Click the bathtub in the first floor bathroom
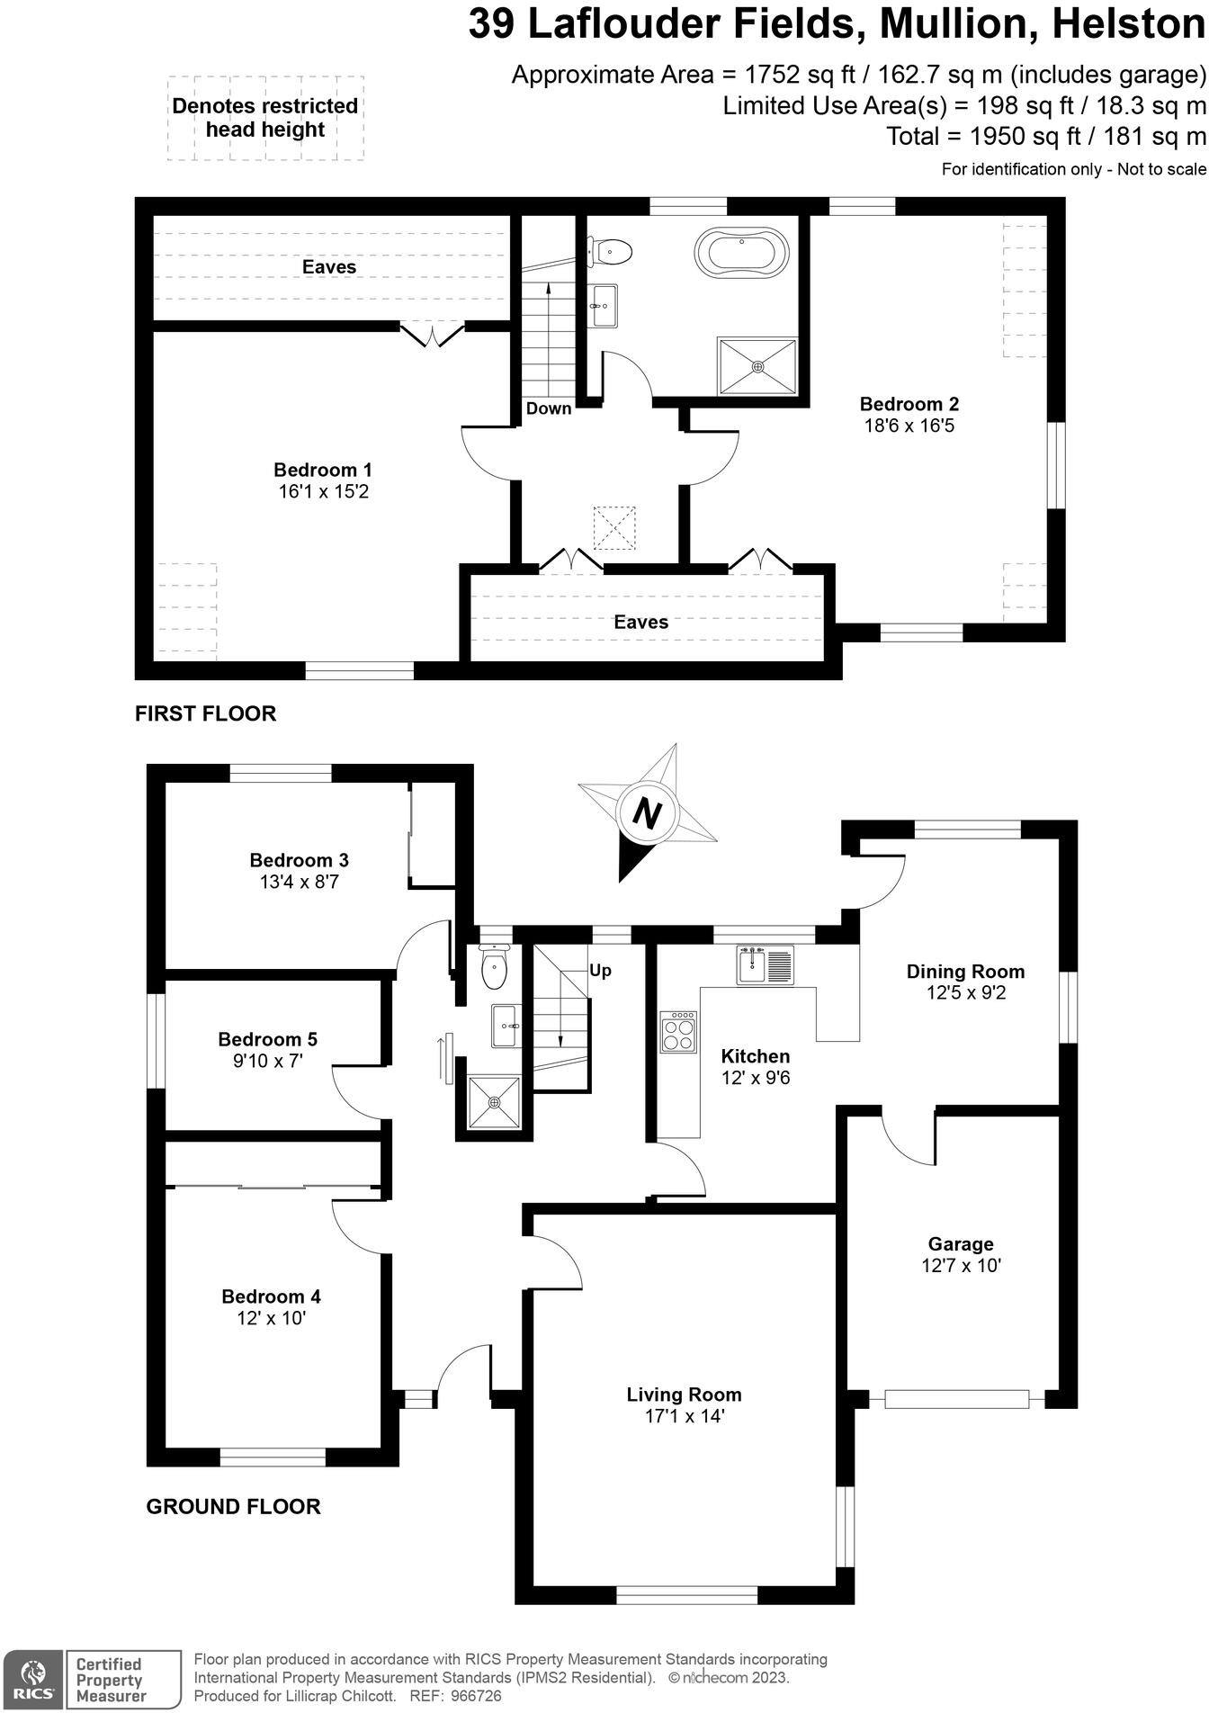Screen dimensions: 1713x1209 741,251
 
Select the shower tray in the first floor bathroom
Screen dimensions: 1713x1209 757,366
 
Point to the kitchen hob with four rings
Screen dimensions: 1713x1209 678,1031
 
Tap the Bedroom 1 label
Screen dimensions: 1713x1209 322,470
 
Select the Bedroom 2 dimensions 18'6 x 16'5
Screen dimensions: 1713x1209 909,426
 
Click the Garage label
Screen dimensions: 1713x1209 961,1244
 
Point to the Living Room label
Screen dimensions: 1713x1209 684,1395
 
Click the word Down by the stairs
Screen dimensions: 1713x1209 549,408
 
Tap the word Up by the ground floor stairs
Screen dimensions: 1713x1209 600,970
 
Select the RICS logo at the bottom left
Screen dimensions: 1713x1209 32,1680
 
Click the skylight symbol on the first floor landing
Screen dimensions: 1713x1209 614,527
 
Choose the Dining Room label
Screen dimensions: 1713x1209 965,972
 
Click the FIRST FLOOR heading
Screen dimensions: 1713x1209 205,713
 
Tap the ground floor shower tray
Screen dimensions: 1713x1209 494,1102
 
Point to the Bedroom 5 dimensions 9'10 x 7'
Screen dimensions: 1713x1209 268,1062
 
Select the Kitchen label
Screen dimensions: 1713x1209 755,1056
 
